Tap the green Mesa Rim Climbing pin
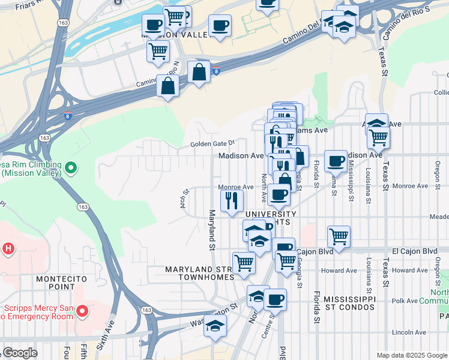pos(71,169)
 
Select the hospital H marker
pos(8,248)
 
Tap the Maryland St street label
pos(211,229)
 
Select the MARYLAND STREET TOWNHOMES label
pos(199,273)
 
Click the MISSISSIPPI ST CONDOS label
pos(349,303)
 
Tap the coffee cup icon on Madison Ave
pos(336,160)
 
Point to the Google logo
pos(20,353)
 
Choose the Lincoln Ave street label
pos(408,332)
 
